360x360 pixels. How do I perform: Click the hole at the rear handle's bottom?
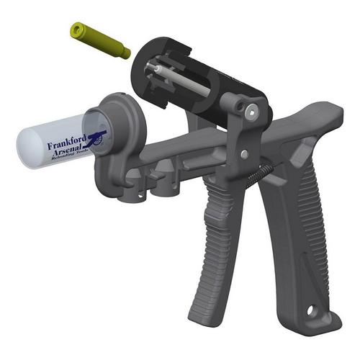(312, 312)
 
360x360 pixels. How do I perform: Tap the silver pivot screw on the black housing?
(249, 112)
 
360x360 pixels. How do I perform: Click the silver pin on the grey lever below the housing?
(245, 154)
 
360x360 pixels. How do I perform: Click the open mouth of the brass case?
(74, 29)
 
